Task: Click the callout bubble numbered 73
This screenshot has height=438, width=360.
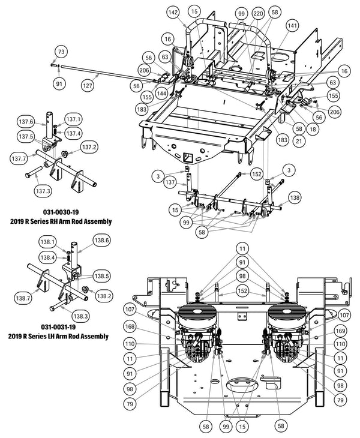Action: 61,52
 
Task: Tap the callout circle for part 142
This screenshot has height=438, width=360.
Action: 173,13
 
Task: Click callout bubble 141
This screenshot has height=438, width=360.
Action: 292,26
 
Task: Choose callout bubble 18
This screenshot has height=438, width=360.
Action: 311,129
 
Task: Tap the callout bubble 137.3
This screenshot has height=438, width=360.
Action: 43,191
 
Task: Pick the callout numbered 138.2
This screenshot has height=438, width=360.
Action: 104,296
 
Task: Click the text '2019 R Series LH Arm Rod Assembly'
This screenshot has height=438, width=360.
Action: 59,337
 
